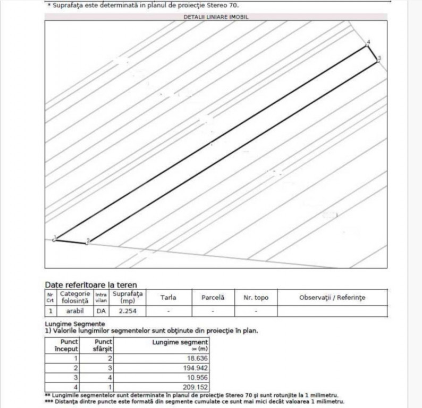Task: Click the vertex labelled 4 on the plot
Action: pos(366,46)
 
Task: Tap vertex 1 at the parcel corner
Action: pos(54,240)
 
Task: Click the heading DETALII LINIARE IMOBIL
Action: pos(216,17)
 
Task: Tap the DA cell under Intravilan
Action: pos(101,311)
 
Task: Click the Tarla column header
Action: pos(168,297)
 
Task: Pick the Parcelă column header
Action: pos(213,297)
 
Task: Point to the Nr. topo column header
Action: pos(256,297)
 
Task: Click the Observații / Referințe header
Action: pos(332,297)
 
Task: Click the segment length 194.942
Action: pos(192,368)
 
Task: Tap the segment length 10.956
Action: pos(195,377)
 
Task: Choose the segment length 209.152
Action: pos(192,387)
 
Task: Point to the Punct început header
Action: pos(66,345)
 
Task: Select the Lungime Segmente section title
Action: pos(75,324)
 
